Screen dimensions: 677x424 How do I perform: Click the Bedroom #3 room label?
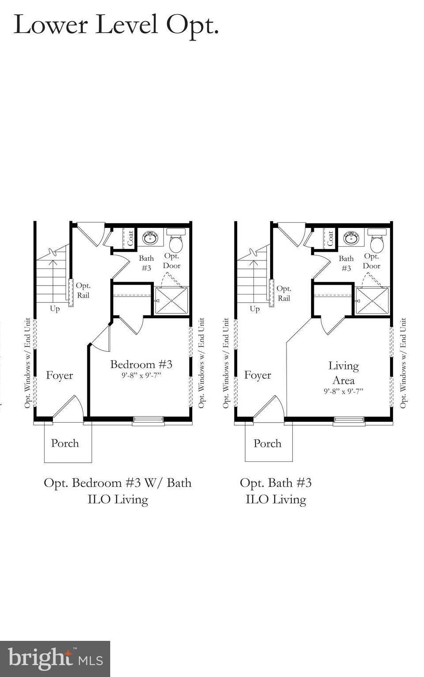click(x=141, y=365)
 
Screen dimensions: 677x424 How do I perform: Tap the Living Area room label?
click(x=343, y=373)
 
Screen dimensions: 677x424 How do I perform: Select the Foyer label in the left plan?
click(x=60, y=376)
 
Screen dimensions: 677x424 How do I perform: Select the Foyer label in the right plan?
click(x=257, y=375)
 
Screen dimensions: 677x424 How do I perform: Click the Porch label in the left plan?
click(x=65, y=443)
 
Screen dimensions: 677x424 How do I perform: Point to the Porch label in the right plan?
click(x=267, y=443)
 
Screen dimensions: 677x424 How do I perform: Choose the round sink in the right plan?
click(x=351, y=238)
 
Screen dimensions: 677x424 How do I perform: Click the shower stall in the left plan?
click(x=171, y=301)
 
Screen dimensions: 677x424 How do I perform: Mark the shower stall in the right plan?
click(x=372, y=301)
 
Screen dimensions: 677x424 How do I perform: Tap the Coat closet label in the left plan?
click(x=130, y=238)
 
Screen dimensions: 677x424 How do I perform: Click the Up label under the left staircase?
click(x=55, y=309)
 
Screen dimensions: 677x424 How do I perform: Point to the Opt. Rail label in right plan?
click(x=283, y=294)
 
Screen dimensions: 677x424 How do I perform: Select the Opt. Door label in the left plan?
click(x=171, y=261)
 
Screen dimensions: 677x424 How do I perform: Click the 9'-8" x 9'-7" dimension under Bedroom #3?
click(x=141, y=376)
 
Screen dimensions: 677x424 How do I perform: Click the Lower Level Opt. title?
click(x=116, y=25)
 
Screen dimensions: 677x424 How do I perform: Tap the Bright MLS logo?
click(x=55, y=658)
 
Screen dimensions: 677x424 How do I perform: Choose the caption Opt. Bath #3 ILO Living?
click(x=275, y=491)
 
